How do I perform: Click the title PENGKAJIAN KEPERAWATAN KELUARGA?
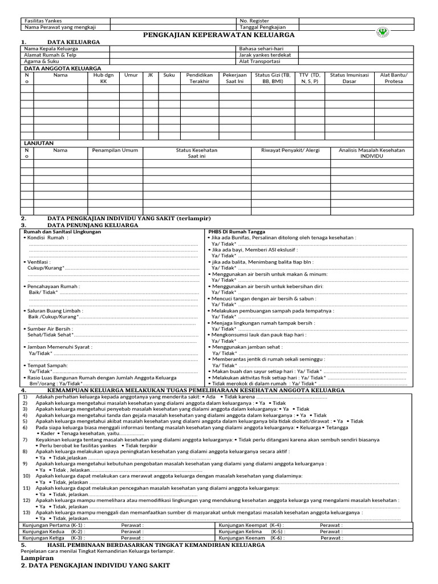coord(222,35)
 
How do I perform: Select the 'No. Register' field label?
coord(255,21)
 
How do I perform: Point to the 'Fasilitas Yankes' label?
coord(43,21)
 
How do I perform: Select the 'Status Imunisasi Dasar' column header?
coord(350,78)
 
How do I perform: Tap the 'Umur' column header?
coord(131,75)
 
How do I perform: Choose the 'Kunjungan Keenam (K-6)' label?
coord(252,537)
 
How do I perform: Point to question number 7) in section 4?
coord(25,440)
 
